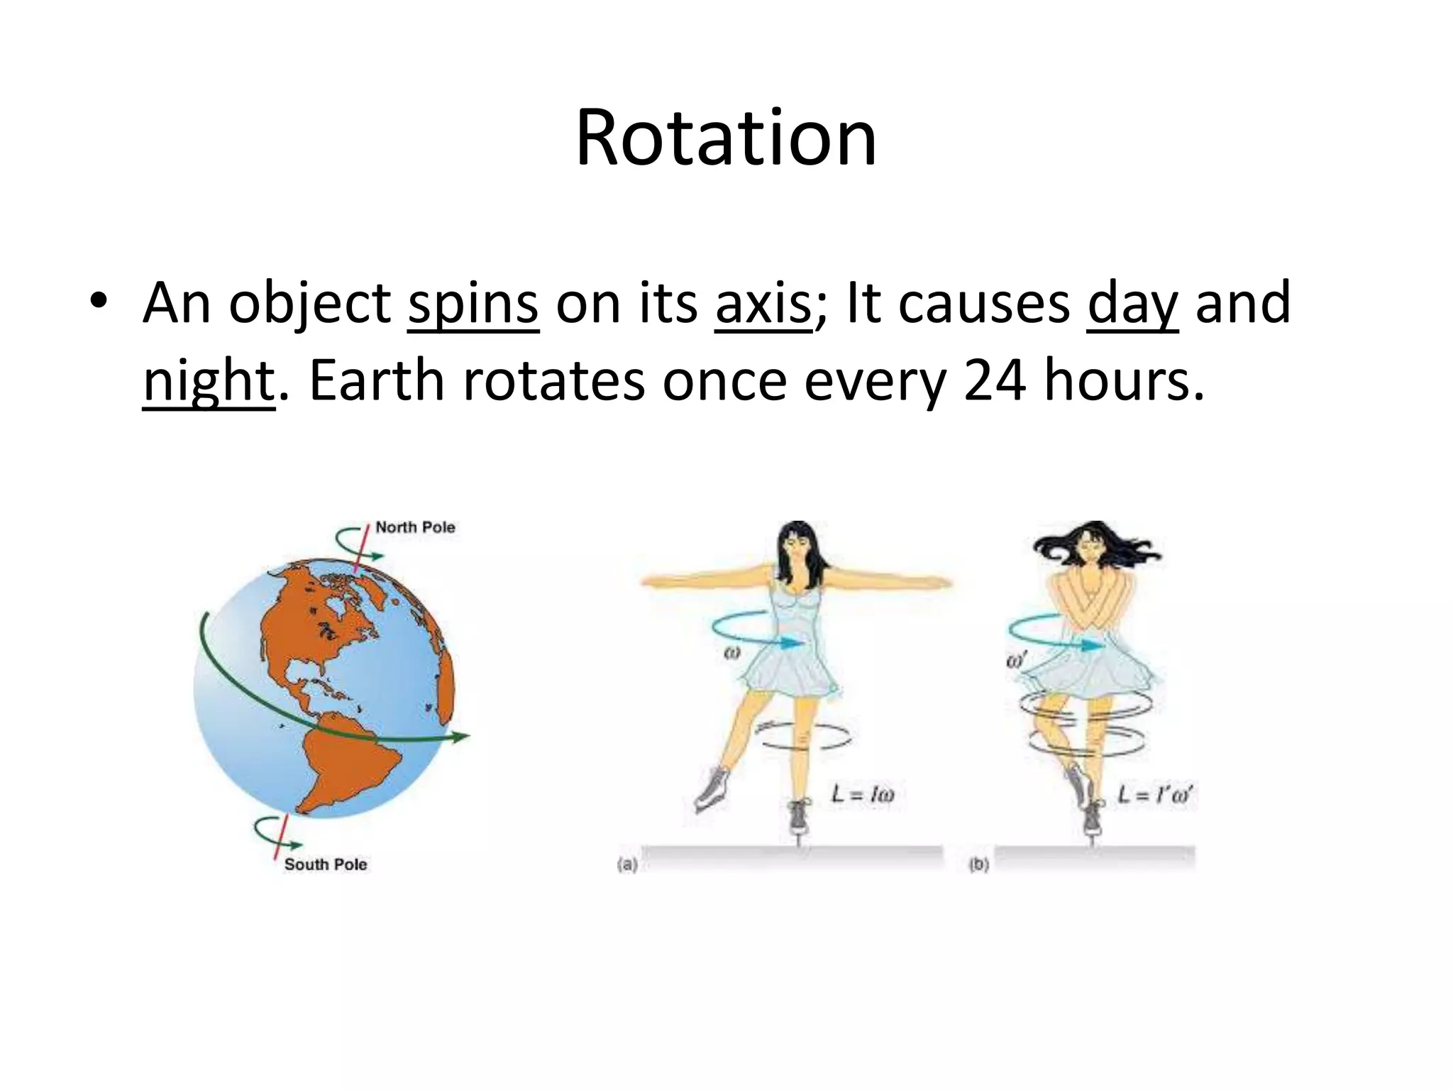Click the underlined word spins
tap(473, 304)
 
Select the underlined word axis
tap(763, 304)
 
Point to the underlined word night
tap(208, 382)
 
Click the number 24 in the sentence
tap(994, 380)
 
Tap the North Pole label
tap(415, 527)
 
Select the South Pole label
tap(326, 864)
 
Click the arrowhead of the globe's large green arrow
tap(461, 737)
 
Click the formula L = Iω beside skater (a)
tap(863, 794)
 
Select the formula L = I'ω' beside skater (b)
tap(1154, 793)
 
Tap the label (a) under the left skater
tap(627, 865)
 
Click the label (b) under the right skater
tap(979, 865)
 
